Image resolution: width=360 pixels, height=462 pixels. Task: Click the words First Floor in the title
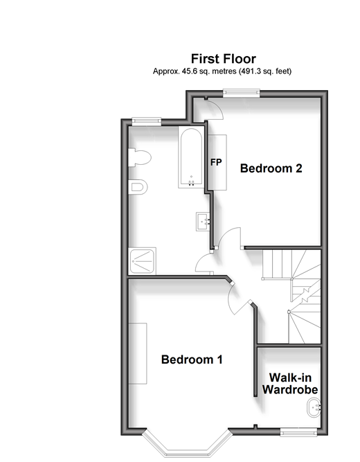(224, 59)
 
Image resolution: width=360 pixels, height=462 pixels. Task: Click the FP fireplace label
(216, 162)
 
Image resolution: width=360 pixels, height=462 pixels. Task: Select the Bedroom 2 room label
(271, 168)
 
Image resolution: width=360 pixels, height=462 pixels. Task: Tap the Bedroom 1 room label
(192, 359)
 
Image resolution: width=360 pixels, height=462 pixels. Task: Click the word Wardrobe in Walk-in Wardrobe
(290, 389)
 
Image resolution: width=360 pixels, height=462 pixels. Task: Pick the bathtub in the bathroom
(191, 157)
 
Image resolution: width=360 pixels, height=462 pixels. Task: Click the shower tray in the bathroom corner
(143, 261)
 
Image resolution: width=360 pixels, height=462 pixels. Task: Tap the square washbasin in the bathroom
(203, 222)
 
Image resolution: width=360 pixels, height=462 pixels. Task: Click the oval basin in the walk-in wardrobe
(314, 407)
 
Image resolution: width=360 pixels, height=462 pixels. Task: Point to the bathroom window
(146, 121)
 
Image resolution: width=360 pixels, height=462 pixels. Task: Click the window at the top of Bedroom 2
(242, 93)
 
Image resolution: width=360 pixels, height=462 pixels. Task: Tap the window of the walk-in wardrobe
(298, 433)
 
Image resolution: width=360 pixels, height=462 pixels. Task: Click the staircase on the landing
(291, 296)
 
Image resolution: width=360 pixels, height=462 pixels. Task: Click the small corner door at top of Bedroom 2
(215, 109)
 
